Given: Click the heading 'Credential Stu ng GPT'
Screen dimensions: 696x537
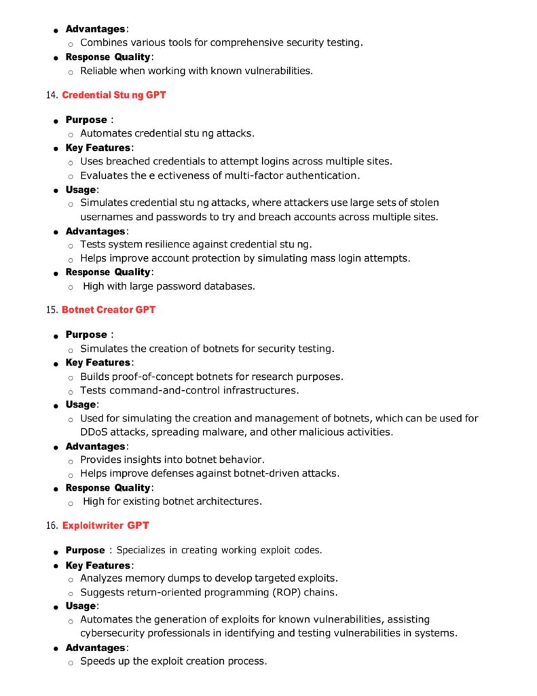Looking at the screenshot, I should [113, 95].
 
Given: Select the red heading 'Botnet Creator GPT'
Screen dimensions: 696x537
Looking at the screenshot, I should [108, 310].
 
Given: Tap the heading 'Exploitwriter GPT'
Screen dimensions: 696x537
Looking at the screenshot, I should [105, 525].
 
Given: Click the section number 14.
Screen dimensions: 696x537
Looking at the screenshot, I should [52, 95].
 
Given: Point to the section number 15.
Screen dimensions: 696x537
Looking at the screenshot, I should [52, 310].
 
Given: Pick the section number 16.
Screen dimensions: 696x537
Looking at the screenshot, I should [52, 525].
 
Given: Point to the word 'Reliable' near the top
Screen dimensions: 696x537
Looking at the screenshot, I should [102, 70].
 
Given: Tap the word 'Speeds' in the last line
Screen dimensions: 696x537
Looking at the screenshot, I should [98, 661].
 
